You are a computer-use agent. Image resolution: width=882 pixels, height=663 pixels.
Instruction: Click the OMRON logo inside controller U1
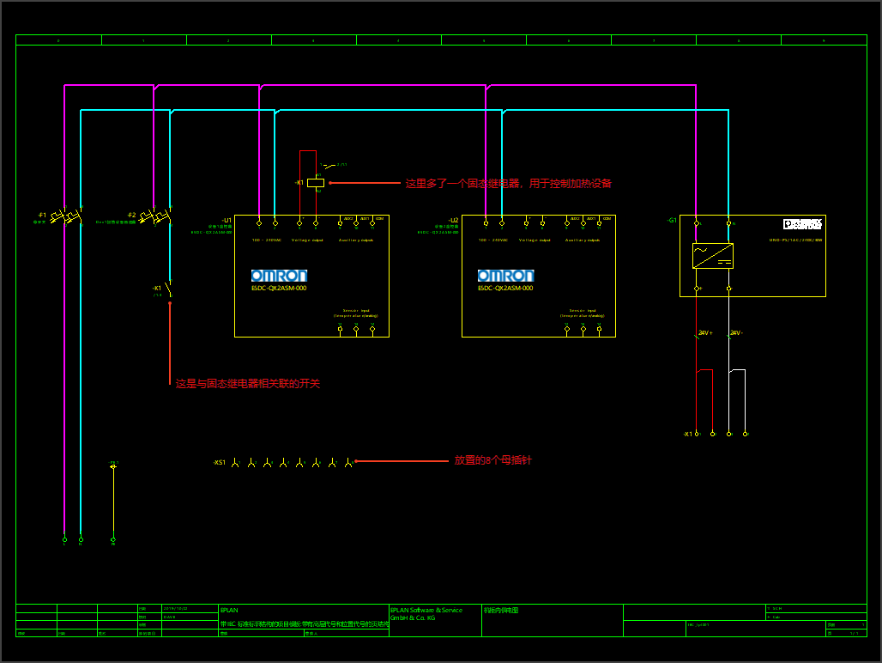(279, 276)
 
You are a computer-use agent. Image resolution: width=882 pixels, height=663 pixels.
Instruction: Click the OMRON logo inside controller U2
(505, 276)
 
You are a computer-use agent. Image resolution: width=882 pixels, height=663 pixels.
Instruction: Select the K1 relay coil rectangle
(316, 183)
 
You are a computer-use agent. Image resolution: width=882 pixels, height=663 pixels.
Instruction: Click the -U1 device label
(227, 220)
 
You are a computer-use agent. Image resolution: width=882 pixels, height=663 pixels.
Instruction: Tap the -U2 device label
(453, 220)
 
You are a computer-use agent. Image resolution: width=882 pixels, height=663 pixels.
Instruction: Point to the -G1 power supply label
(672, 221)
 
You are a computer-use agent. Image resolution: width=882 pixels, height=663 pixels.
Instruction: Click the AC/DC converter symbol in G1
(712, 256)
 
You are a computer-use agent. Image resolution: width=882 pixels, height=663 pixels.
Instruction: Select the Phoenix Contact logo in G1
(802, 223)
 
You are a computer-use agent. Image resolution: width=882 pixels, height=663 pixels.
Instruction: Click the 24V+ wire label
(705, 332)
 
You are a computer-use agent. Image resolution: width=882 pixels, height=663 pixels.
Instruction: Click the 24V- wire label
(736, 332)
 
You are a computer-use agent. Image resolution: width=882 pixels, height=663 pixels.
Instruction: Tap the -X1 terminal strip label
(687, 435)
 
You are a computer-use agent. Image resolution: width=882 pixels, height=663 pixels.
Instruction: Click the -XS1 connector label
(220, 463)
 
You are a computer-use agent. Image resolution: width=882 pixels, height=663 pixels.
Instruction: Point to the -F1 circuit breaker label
(41, 215)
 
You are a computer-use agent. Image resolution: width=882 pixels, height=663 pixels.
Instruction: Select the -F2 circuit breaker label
(131, 215)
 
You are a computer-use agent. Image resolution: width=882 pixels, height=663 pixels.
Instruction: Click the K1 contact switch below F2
(168, 289)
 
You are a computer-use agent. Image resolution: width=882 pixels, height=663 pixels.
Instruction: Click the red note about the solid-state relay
(508, 184)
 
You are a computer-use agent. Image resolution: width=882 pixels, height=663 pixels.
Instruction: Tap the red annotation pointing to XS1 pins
(492, 461)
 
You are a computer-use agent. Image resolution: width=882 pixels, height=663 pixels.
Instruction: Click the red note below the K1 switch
(247, 384)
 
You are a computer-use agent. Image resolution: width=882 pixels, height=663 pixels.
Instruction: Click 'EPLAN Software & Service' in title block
(426, 611)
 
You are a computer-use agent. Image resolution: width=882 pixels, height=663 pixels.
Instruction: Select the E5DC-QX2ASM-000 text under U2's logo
(505, 289)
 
